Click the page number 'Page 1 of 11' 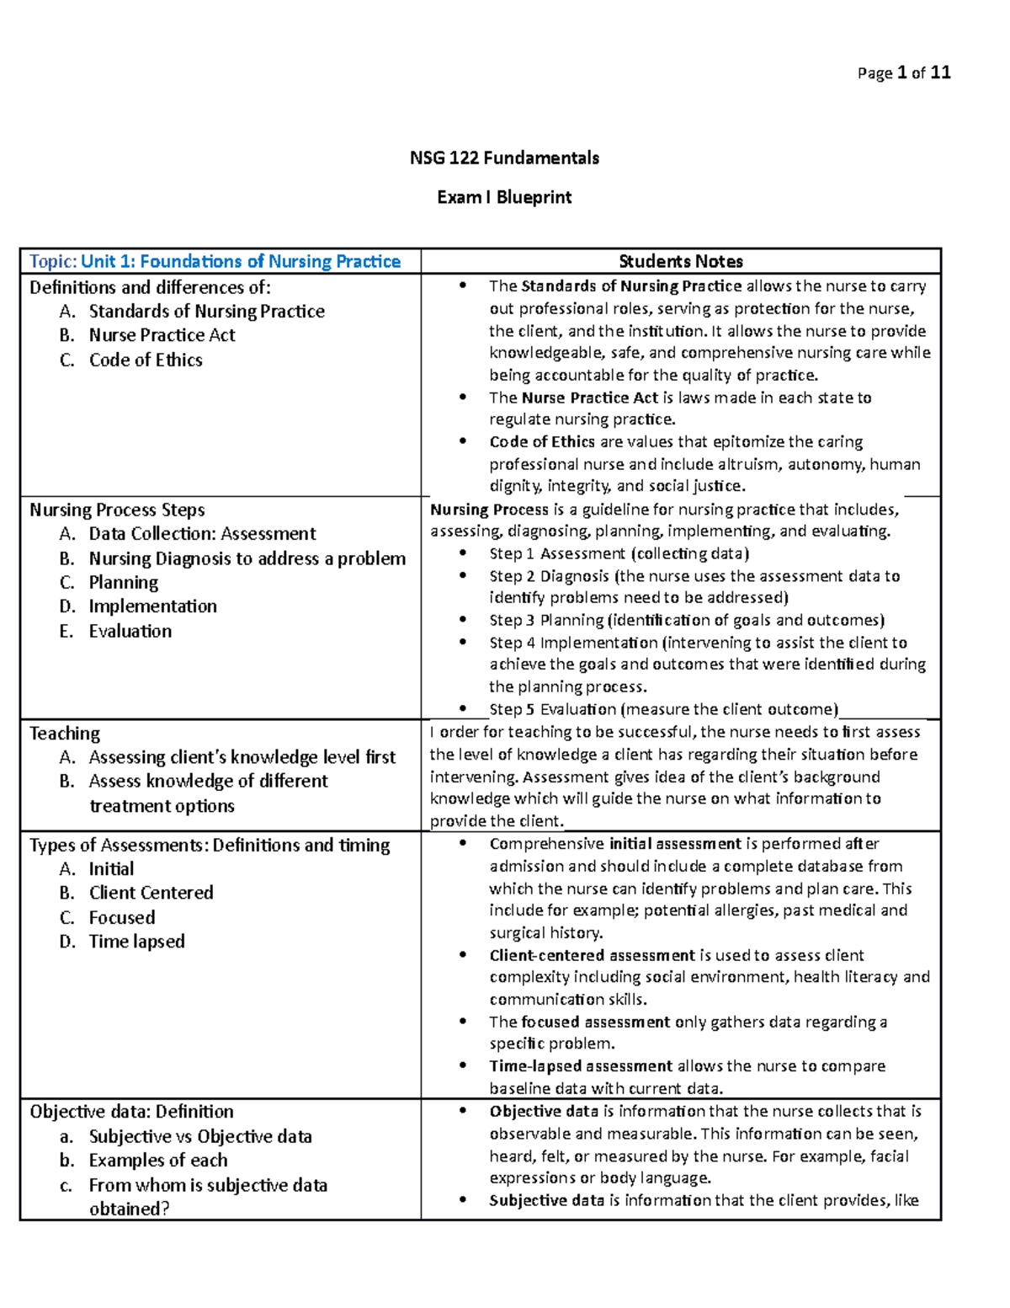click(903, 73)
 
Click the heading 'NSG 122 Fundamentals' click(504, 158)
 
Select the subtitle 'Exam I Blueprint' click(504, 197)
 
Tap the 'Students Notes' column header click(680, 261)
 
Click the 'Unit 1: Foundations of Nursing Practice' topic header click(241, 261)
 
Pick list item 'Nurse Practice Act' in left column click(162, 335)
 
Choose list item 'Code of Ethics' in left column click(146, 360)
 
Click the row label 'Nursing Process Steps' click(117, 510)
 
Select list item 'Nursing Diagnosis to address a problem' click(247, 558)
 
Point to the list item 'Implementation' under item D click(152, 606)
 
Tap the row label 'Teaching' click(65, 733)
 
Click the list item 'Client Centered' click(151, 893)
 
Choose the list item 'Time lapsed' click(136, 942)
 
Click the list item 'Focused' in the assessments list click(122, 917)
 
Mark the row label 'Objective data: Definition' click(131, 1112)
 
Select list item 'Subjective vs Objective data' click(200, 1136)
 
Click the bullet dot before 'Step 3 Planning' click(462, 620)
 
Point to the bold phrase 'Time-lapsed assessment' click(581, 1066)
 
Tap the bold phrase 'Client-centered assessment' click(592, 955)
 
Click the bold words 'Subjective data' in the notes click(546, 1200)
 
